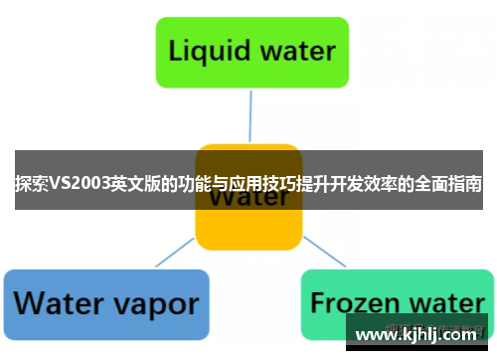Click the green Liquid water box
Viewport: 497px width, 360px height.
pos(251,50)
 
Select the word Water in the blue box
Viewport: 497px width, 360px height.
pos(59,302)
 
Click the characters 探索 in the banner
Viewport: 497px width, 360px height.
pos(30,185)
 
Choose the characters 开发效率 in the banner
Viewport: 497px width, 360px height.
pos(348,185)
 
